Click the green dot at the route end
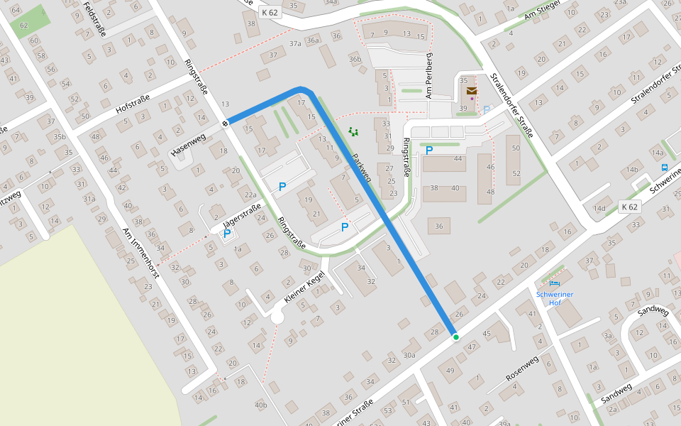[456, 337]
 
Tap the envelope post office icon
[472, 91]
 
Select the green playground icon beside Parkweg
[353, 131]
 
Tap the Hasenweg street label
[188, 144]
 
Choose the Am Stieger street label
[543, 13]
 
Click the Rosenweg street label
[522, 368]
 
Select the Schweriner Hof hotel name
[555, 297]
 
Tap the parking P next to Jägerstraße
[227, 234]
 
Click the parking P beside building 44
[428, 150]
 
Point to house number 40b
[260, 405]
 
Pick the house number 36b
[355, 60]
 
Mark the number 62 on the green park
[24, 26]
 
